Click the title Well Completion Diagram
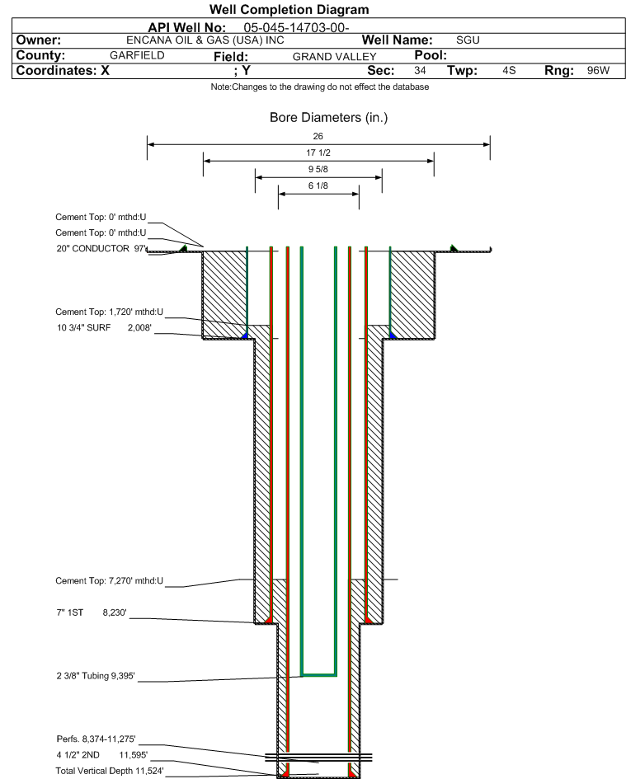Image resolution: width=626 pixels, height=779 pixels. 289,10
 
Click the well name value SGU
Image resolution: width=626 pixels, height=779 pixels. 468,40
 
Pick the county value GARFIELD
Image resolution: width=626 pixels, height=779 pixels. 137,55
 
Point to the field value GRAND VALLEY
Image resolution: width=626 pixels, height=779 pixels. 334,56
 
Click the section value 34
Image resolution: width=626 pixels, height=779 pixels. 420,71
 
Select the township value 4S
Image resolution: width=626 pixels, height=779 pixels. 509,71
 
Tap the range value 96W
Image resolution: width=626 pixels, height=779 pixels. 598,71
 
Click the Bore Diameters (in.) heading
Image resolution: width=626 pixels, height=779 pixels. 328,118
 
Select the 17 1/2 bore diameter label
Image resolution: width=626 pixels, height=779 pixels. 318,153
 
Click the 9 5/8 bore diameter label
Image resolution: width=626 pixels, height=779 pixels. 318,170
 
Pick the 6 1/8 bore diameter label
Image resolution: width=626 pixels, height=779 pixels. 318,187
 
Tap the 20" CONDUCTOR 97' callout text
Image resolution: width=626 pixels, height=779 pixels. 101,248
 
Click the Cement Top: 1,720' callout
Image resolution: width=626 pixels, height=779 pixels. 110,312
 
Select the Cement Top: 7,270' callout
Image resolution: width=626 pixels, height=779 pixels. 110,581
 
